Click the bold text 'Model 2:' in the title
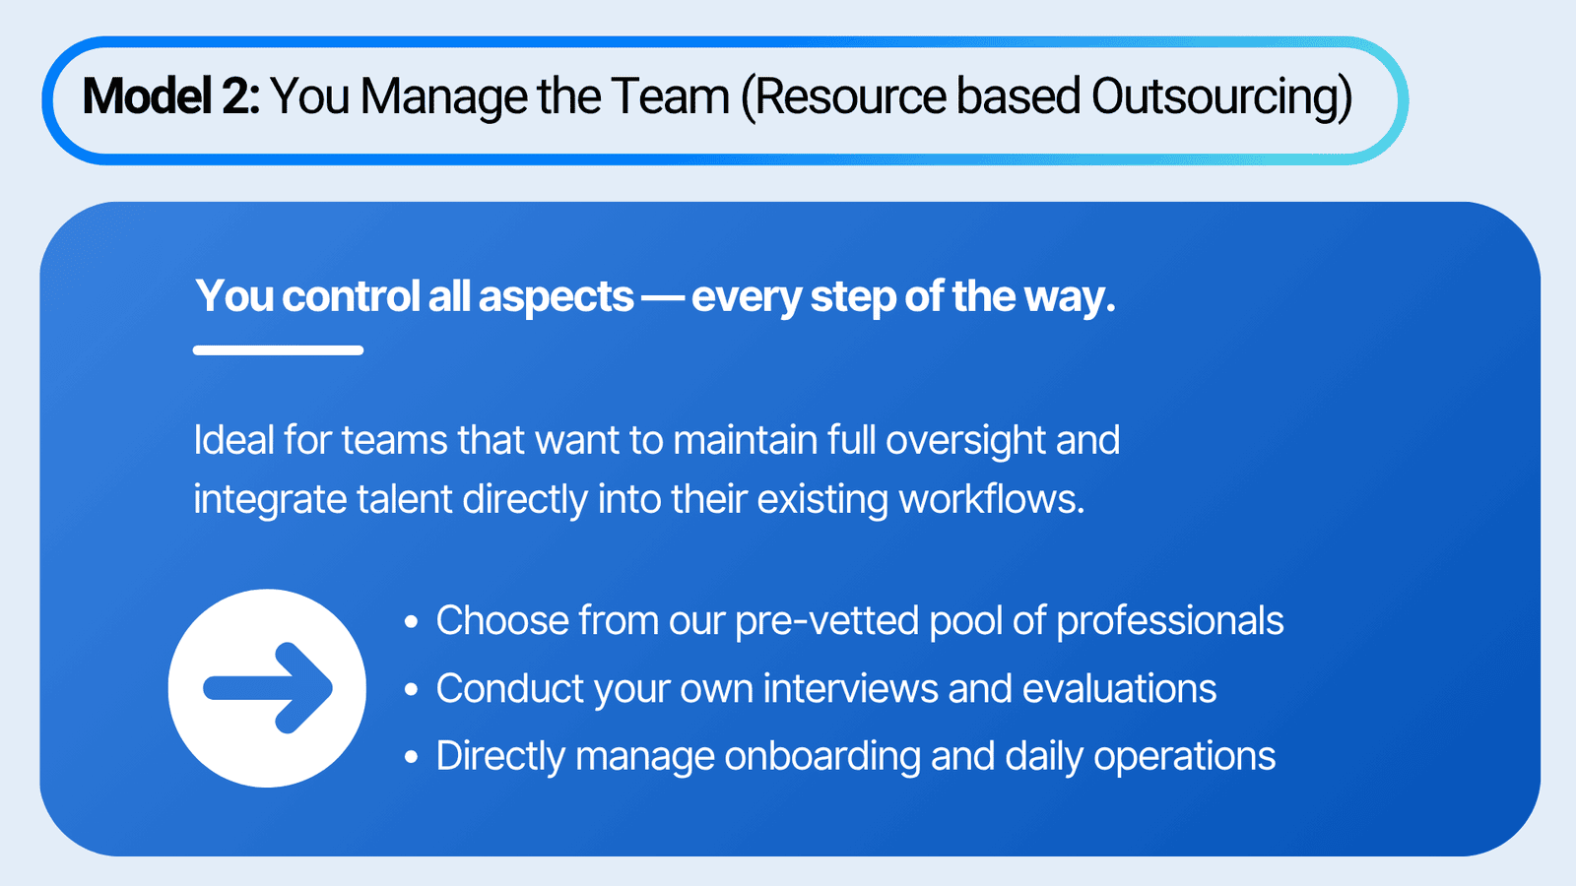click(x=171, y=95)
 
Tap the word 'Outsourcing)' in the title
click(x=1222, y=97)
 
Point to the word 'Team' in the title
click(x=670, y=95)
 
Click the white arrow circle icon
click(x=267, y=688)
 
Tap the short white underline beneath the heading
click(x=278, y=350)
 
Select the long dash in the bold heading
click(x=662, y=297)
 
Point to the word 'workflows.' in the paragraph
click(x=991, y=499)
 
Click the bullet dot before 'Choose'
click(x=412, y=621)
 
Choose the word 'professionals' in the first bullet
click(x=1170, y=621)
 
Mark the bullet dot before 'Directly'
click(x=412, y=757)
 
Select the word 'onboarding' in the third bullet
click(x=822, y=757)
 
